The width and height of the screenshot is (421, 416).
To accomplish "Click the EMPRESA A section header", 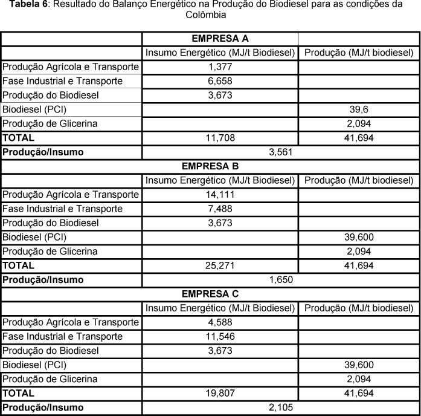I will click(220, 39).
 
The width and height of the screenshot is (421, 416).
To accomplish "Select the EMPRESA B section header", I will click(220, 166).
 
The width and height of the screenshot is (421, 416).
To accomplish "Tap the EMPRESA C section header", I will click(220, 294).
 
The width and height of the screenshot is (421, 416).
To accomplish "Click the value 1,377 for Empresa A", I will click(220, 67).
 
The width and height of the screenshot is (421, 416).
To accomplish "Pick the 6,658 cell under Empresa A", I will click(220, 81).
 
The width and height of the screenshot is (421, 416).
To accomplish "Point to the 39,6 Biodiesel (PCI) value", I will click(359, 109).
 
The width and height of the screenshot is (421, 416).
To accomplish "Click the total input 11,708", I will click(220, 138).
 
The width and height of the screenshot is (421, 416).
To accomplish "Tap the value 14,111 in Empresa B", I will click(220, 195).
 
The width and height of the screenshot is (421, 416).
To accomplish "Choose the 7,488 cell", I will click(220, 209).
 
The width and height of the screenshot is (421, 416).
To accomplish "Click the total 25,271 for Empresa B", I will click(220, 265).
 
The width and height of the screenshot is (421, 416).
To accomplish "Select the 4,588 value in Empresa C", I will click(220, 322).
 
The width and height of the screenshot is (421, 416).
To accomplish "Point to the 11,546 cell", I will click(220, 336).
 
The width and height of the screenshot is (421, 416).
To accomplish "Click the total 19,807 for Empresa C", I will click(220, 393).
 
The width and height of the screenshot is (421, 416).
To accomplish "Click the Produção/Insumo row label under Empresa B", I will click(43, 280).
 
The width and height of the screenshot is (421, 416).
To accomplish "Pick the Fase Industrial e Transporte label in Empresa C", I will click(63, 336).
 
